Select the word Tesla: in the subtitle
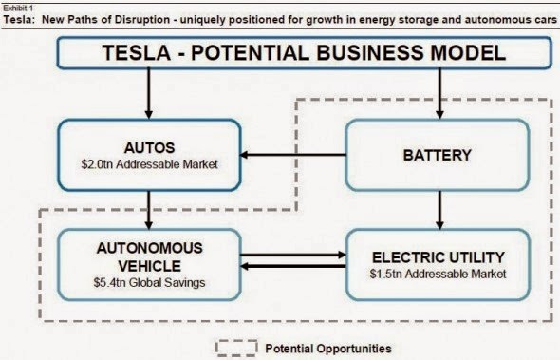click(x=20, y=16)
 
